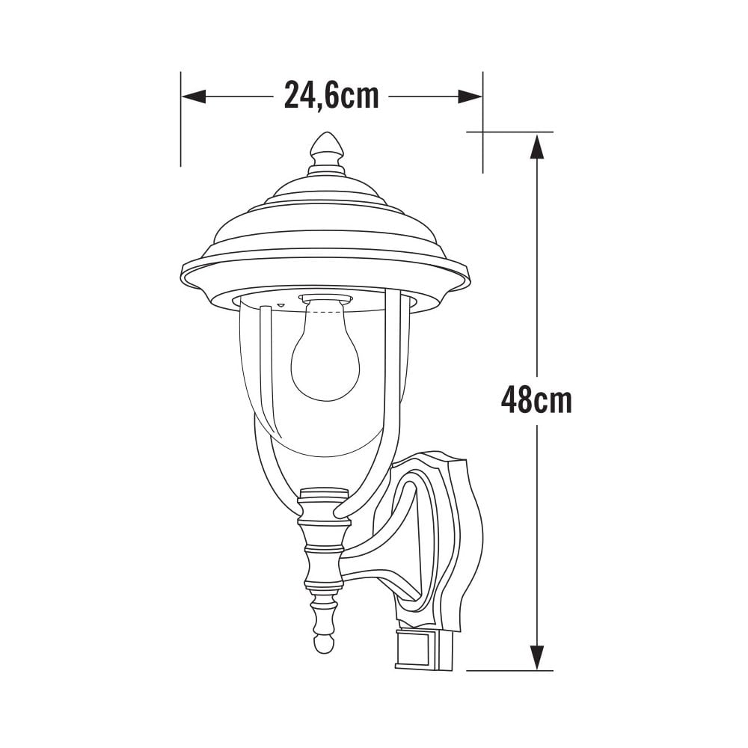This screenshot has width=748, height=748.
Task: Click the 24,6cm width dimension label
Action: pyautogui.click(x=331, y=96)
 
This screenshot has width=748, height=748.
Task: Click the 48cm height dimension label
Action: pyautogui.click(x=536, y=401)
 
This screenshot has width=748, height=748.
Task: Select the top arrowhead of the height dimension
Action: pyautogui.click(x=536, y=146)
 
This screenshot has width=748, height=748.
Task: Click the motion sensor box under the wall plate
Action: pyautogui.click(x=423, y=649)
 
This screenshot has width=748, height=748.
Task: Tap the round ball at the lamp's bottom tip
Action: pyautogui.click(x=323, y=643)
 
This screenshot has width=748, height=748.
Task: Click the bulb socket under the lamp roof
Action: pyautogui.click(x=325, y=301)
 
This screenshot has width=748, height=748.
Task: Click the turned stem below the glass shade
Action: pyautogui.click(x=324, y=568)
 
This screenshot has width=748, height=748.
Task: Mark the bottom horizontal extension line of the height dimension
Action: pyautogui.click(x=509, y=670)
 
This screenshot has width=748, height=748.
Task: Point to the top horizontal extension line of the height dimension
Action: pyautogui.click(x=509, y=132)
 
